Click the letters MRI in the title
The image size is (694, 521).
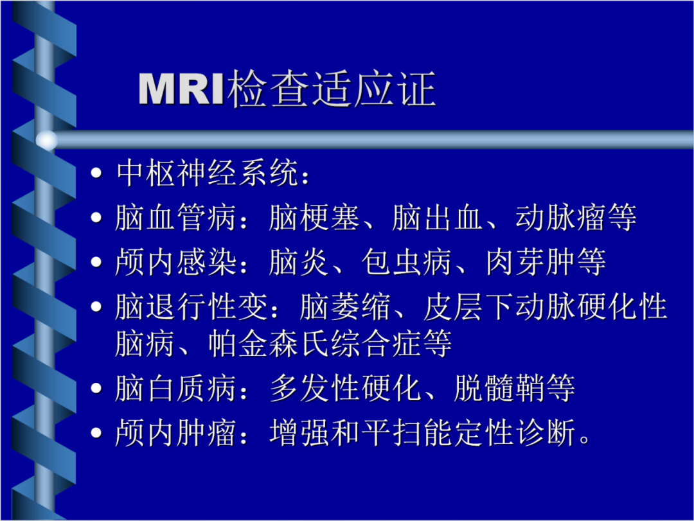(x=182, y=89)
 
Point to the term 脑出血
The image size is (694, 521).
(x=437, y=219)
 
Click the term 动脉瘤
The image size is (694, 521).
(x=560, y=219)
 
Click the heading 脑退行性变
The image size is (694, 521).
(x=191, y=308)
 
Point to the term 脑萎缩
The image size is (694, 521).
(x=344, y=308)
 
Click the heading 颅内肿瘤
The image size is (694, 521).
(x=176, y=434)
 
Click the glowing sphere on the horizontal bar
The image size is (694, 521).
(x=46, y=139)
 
